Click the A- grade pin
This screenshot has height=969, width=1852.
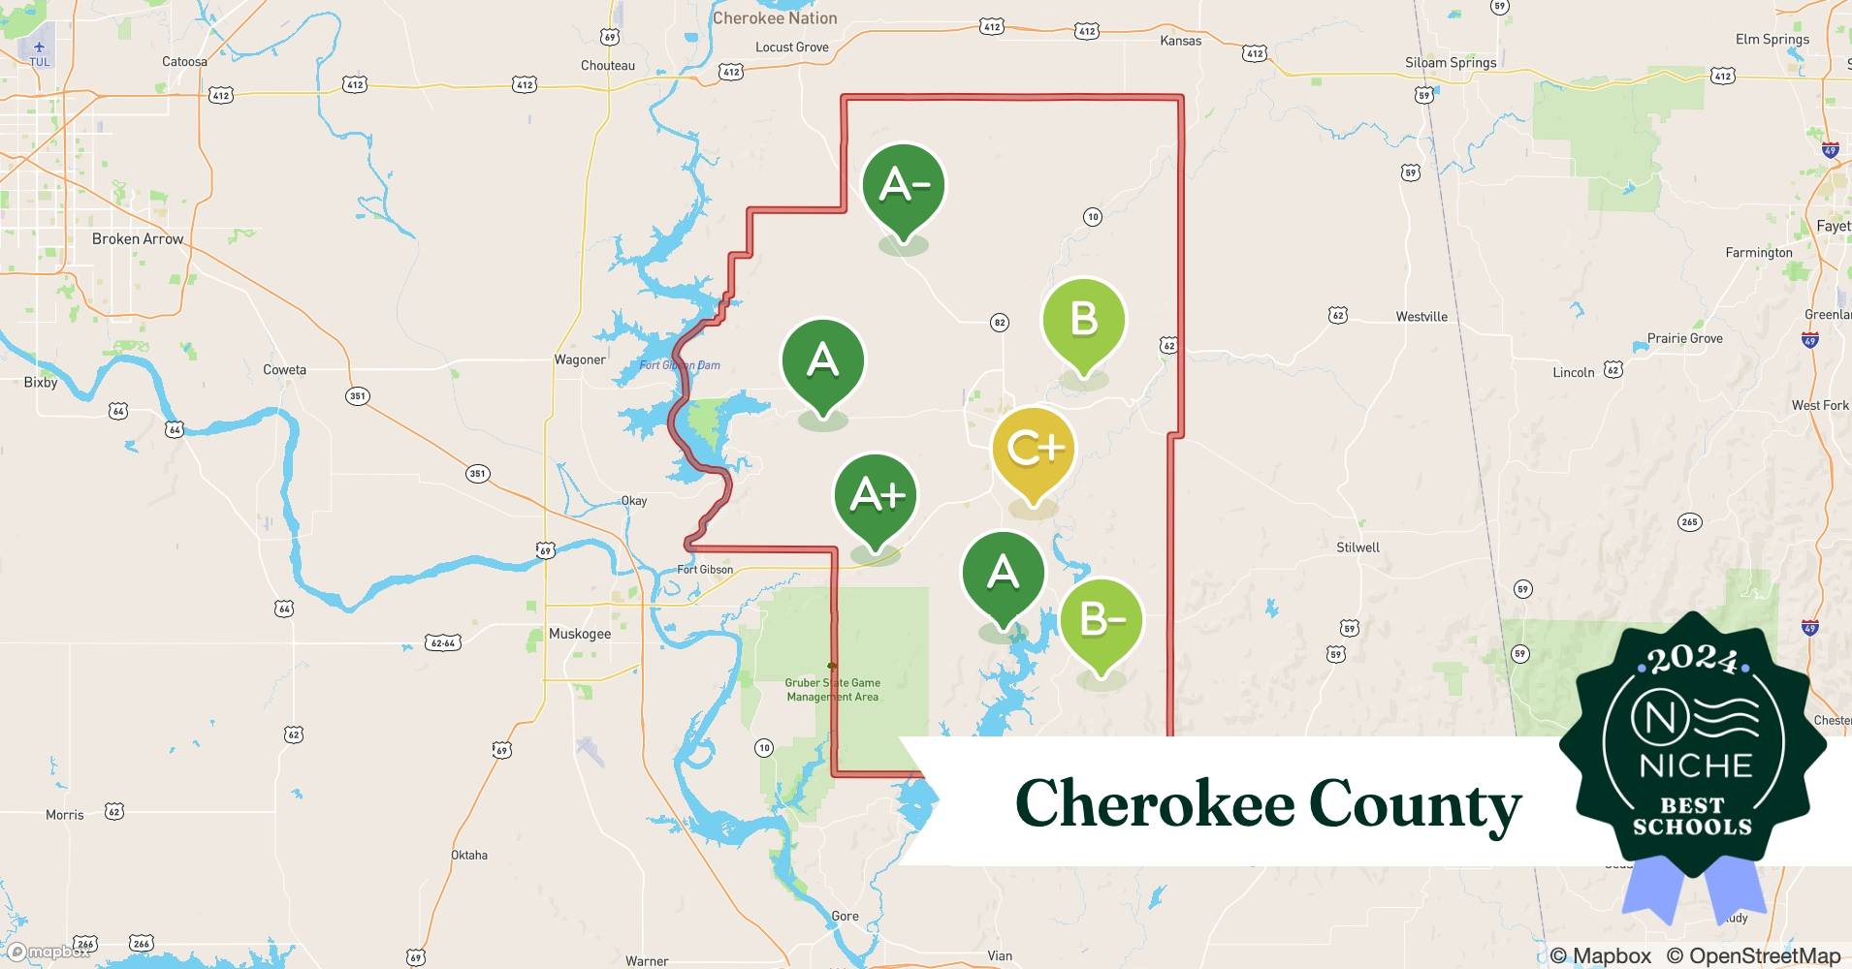904,186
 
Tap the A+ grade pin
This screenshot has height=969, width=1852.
876,496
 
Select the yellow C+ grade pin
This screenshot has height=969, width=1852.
1034,449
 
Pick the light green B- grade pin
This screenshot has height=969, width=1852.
1102,620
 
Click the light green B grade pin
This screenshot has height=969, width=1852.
1083,321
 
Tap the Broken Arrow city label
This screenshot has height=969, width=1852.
138,239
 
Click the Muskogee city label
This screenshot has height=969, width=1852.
580,634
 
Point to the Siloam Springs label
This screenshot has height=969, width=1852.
1451,63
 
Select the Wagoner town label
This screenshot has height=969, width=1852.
580,359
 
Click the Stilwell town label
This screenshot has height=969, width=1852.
1357,547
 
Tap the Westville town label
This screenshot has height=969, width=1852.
1421,317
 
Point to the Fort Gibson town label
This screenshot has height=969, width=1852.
705,570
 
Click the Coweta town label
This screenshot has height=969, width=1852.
284,370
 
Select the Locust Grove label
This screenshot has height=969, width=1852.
792,47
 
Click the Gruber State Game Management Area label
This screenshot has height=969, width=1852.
833,690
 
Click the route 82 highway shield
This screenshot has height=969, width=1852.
1000,323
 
